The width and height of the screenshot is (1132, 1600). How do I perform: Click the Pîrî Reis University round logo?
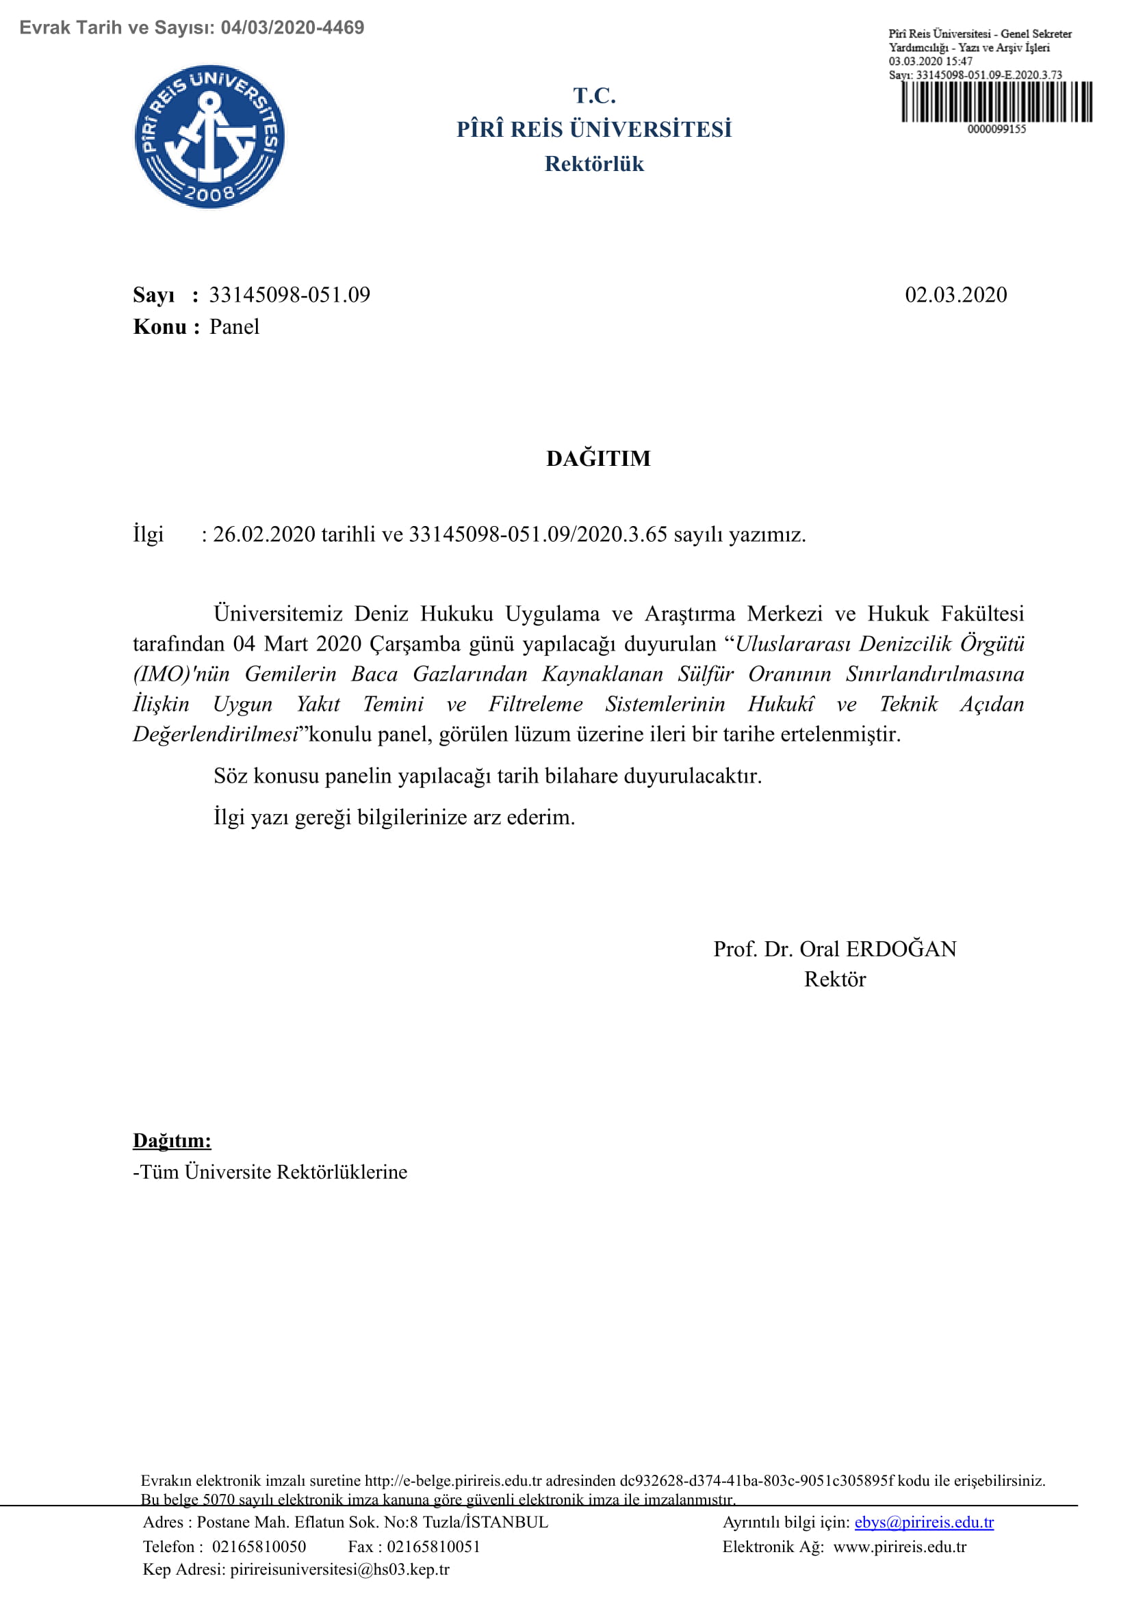point(209,137)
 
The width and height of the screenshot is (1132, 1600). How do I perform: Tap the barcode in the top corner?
point(996,102)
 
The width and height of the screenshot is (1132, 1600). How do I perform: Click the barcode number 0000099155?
point(996,129)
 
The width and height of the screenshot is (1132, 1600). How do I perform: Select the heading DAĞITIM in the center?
point(598,458)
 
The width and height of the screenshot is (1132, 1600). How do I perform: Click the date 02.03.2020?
point(955,295)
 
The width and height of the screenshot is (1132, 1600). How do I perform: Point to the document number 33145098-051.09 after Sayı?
point(290,295)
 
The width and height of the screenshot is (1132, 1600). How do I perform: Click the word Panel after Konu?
point(234,326)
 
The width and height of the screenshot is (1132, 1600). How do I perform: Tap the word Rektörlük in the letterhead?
point(594,163)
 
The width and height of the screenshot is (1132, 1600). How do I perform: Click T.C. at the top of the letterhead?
point(594,96)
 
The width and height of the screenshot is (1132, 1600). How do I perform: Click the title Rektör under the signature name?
point(834,979)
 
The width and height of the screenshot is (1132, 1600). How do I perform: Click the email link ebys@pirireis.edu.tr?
point(923,1522)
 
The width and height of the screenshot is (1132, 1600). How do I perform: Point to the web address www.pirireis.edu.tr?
point(899,1547)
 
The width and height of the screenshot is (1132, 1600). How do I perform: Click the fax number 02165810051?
point(433,1547)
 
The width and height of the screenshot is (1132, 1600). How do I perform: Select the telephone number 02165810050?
point(259,1547)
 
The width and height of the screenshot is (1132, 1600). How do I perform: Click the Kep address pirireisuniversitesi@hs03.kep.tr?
point(339,1569)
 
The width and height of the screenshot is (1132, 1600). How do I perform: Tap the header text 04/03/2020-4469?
point(292,28)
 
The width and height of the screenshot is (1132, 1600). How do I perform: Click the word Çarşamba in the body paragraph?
point(415,643)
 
